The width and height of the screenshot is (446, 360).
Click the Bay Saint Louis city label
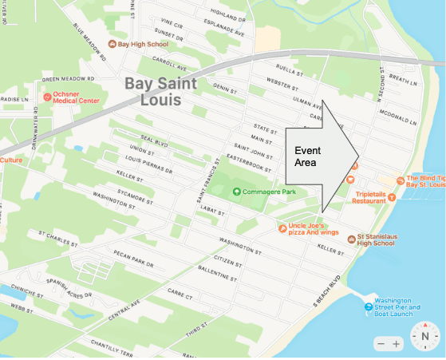(x=152, y=91)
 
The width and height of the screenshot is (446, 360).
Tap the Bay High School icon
(x=112, y=44)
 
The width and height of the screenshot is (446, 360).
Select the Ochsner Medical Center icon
(x=47, y=97)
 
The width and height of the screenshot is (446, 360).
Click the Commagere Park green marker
(x=236, y=191)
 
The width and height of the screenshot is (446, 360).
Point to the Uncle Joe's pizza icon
(x=282, y=228)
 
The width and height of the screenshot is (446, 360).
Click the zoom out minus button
(x=381, y=343)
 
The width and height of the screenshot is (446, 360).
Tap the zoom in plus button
(x=397, y=343)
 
